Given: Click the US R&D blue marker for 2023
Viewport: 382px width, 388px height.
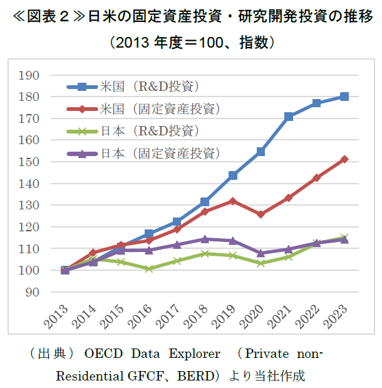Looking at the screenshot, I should pos(344,97).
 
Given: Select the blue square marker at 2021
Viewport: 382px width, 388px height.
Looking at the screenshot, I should pos(289,117).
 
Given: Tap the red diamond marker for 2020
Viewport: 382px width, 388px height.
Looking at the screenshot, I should pos(261,214).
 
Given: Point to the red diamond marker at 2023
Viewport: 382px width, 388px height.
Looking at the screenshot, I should pos(344,159).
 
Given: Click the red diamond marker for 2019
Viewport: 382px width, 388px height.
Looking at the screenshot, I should pos(233,201).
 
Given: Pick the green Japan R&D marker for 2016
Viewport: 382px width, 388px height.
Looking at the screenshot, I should pos(148,269).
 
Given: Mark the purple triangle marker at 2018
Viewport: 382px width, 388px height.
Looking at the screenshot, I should pos(205,239).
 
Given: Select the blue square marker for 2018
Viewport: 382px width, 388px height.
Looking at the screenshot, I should pos(205,202).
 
